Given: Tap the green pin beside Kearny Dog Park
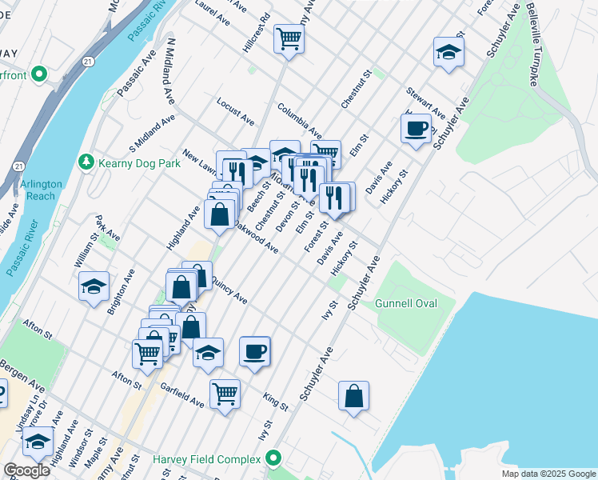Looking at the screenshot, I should tap(86, 162).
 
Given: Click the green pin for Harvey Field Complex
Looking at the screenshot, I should tap(273, 459).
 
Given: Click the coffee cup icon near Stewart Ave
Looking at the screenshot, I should tap(416, 129).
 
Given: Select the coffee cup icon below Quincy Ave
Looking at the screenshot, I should tap(254, 351).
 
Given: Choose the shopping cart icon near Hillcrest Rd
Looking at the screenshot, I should tap(289, 38).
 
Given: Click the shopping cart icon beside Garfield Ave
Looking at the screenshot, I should tap(225, 393).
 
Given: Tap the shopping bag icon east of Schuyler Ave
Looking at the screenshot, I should tap(353, 395).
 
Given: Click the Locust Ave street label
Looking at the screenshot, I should tap(235, 112).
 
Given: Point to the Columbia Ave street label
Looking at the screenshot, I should tap(300, 120).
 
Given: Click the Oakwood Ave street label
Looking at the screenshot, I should tap(256, 238).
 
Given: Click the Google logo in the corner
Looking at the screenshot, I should tap(26, 471).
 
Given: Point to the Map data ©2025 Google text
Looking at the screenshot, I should tap(548, 474).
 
